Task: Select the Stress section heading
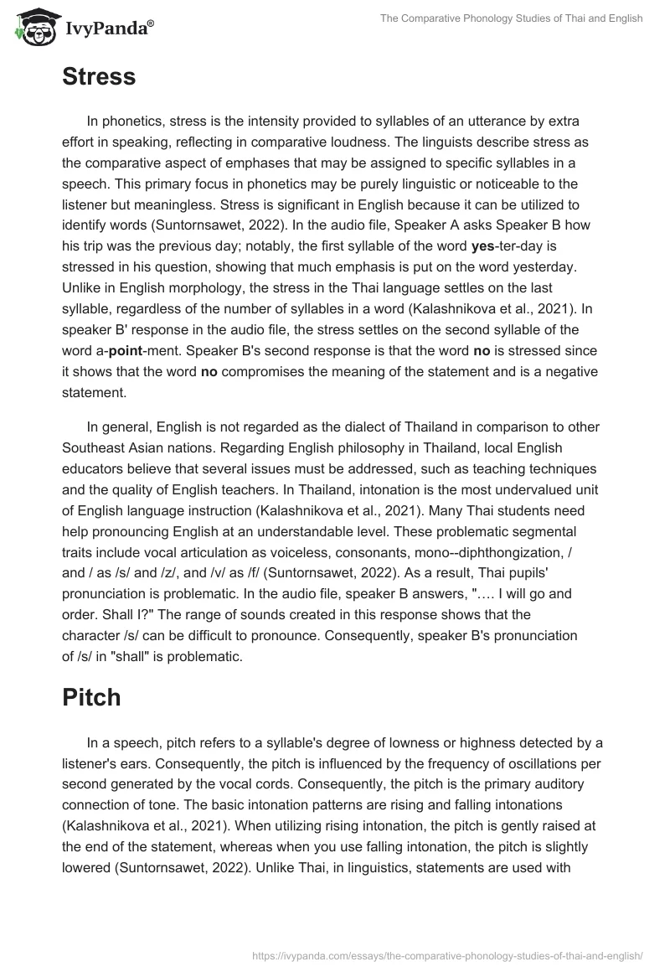[99, 77]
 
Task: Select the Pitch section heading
[91, 697]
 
